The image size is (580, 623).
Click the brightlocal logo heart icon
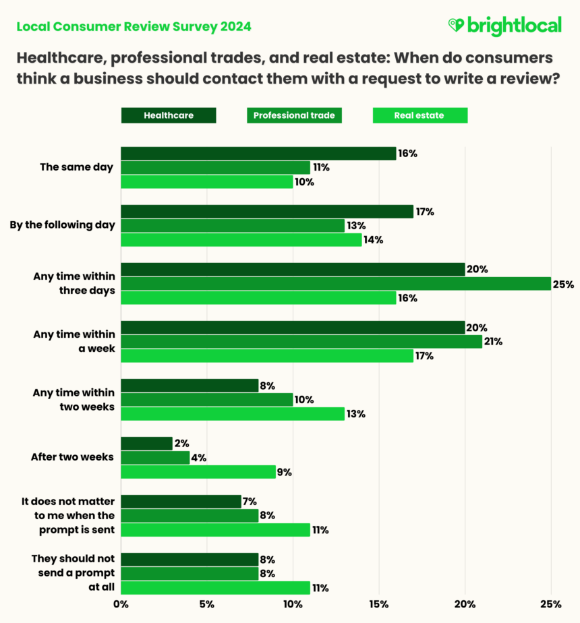456,26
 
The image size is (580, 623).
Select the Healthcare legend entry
169,115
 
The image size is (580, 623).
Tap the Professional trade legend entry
294,115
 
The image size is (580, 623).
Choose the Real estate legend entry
419,115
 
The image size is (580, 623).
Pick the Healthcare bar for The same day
258,154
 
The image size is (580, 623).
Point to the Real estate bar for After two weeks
198,472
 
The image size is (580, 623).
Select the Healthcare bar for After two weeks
146,443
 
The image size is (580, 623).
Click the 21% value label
493,342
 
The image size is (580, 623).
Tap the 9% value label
284,472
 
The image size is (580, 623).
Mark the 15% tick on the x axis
379,604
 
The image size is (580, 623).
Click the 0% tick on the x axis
121,604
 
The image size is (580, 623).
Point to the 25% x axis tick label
551,604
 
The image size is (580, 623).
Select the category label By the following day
62,225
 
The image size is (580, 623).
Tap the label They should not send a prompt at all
74,573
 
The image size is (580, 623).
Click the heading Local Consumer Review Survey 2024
134,27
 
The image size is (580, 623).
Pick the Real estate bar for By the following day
241,240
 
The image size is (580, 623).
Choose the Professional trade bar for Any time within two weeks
206,400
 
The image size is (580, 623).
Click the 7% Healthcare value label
250,501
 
